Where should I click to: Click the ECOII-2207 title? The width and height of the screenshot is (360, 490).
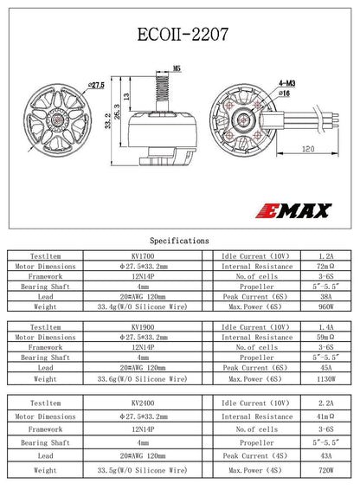(179, 35)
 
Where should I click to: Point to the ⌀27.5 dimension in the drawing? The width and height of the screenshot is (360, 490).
(96, 85)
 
